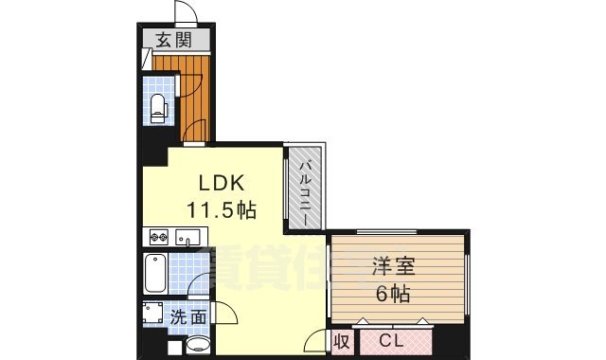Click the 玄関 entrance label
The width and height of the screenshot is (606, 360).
pyautogui.click(x=172, y=40)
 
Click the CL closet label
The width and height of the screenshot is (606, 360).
pyautogui.click(x=390, y=339)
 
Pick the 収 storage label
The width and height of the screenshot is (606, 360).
pyautogui.click(x=342, y=339)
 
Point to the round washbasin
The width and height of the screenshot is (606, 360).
pyautogui.click(x=197, y=343)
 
